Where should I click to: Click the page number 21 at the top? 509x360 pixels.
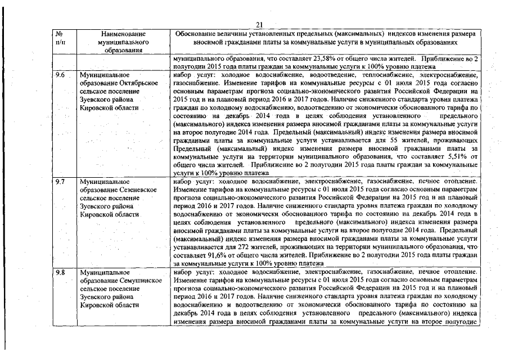259,24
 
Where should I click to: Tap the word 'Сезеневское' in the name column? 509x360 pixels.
137,191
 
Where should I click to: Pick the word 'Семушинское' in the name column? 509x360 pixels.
138,281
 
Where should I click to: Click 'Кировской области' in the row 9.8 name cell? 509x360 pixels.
109,304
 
